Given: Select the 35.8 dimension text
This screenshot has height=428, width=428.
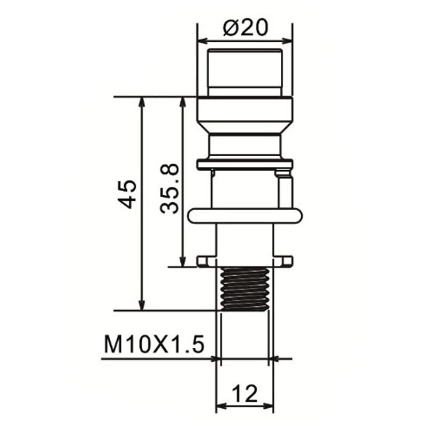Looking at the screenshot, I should (x=171, y=189).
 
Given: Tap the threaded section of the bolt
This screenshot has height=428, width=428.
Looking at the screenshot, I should (x=244, y=288).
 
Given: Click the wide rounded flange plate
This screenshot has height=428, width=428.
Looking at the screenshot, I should (x=244, y=215).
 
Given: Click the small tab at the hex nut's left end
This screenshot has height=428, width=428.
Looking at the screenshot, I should (x=203, y=261).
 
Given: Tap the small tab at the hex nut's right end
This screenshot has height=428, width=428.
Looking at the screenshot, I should (x=287, y=261).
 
